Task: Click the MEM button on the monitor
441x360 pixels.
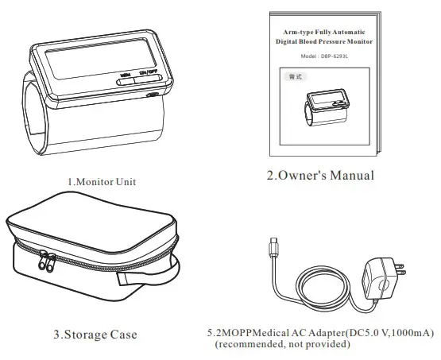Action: coord(126,77)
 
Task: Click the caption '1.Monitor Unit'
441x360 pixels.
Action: coord(101,181)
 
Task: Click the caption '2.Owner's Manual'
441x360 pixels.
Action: coord(319,175)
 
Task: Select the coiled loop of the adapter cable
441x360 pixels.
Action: coord(318,290)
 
